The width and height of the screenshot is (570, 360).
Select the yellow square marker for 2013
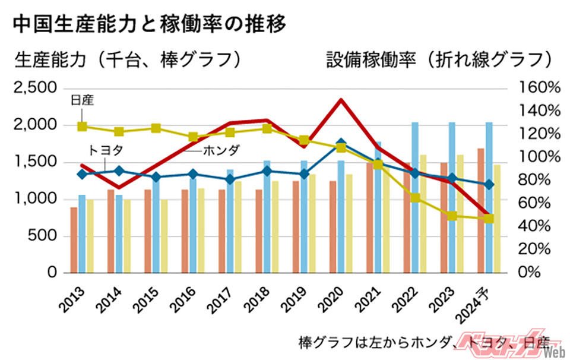[83, 127]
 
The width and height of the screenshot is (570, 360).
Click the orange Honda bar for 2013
[74, 240]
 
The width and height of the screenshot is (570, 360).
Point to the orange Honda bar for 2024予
[480, 210]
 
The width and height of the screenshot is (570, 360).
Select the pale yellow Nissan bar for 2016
[201, 230]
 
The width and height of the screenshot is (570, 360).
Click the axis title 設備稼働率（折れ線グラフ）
[439, 59]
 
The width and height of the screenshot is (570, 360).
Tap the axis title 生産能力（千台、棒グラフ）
[128, 59]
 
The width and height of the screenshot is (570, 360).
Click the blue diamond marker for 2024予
[489, 185]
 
